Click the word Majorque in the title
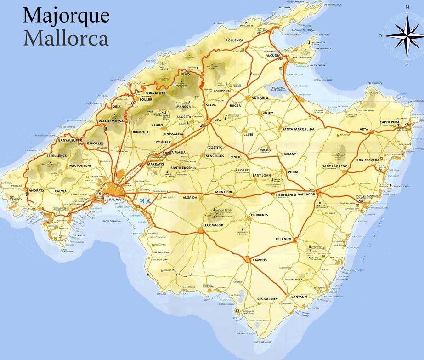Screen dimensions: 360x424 pyautogui.click(x=66, y=16)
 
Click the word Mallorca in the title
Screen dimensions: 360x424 pyautogui.click(x=66, y=38)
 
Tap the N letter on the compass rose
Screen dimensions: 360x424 pyautogui.click(x=407, y=7)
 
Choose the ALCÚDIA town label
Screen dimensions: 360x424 pyautogui.click(x=273, y=55)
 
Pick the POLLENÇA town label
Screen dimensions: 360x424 pyautogui.click(x=234, y=40)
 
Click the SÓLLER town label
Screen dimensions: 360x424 pyautogui.click(x=146, y=99)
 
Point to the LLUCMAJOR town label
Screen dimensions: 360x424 pyautogui.click(x=212, y=225)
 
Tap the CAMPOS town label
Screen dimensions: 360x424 pyautogui.click(x=260, y=260)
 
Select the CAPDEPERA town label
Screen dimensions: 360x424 pyautogui.click(x=389, y=122)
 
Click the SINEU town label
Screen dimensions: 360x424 pyautogui.click(x=236, y=157)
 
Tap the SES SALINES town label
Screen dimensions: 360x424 pyautogui.click(x=267, y=299)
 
